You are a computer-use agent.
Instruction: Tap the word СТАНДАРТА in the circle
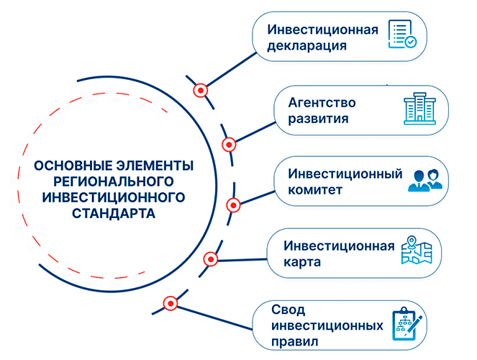114,213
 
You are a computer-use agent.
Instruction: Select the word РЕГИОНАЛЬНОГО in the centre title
114,181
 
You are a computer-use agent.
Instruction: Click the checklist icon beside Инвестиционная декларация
402,34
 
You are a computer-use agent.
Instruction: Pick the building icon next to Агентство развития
419,109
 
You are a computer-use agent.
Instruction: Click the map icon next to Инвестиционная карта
417,250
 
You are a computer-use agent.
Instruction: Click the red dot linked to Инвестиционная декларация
201,91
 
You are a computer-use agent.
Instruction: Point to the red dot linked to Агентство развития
229,145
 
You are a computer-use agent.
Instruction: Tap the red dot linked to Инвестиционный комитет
233,205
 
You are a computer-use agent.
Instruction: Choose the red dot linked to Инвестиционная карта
211,260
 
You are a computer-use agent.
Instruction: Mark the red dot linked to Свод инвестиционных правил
171,303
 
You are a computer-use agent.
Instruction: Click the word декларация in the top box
307,45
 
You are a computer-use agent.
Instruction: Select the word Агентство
322,102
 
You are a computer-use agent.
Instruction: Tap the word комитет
315,190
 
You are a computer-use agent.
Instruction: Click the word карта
302,262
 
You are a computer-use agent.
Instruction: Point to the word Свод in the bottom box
288,310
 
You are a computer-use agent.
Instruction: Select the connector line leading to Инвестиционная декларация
232,69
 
